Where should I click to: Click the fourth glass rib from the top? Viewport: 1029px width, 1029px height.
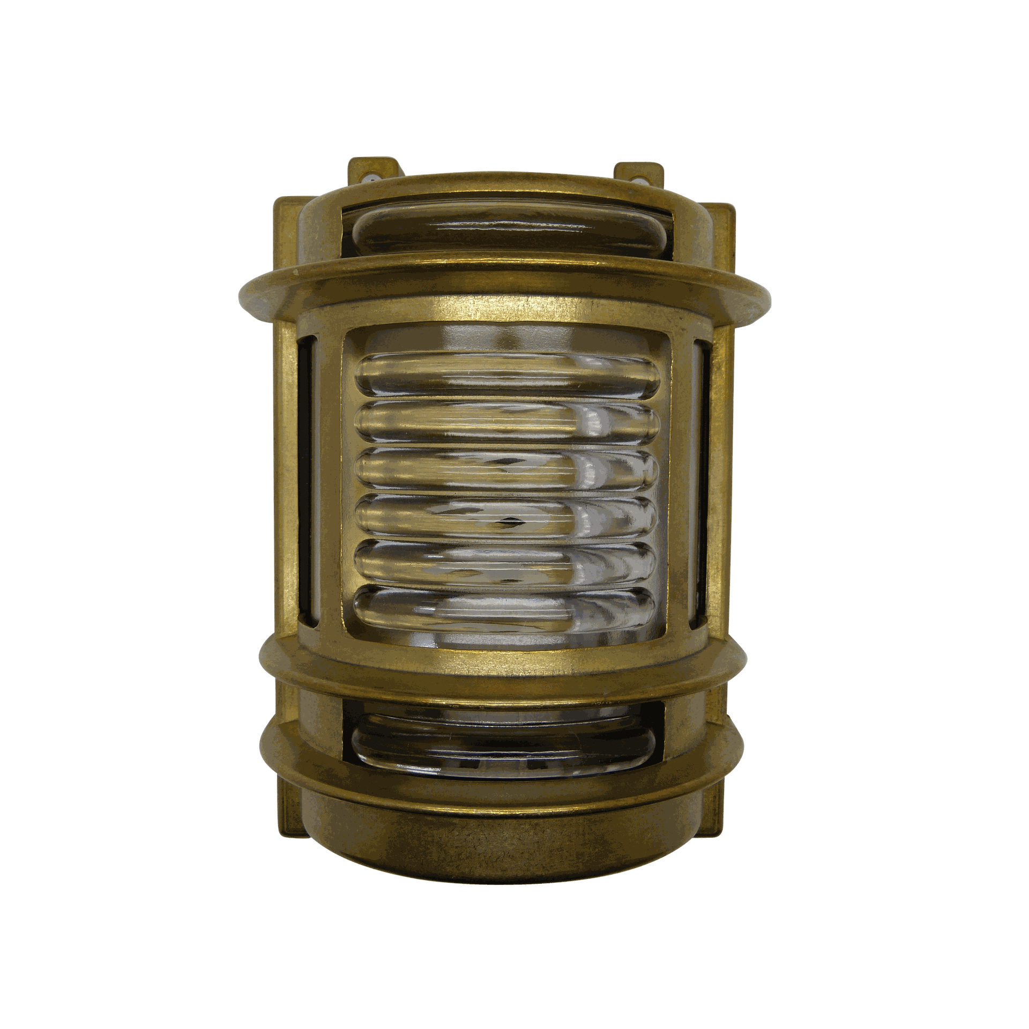[506, 514]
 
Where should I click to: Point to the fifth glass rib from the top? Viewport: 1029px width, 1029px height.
[506, 560]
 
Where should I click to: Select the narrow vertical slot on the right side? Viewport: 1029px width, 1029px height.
[701, 482]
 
